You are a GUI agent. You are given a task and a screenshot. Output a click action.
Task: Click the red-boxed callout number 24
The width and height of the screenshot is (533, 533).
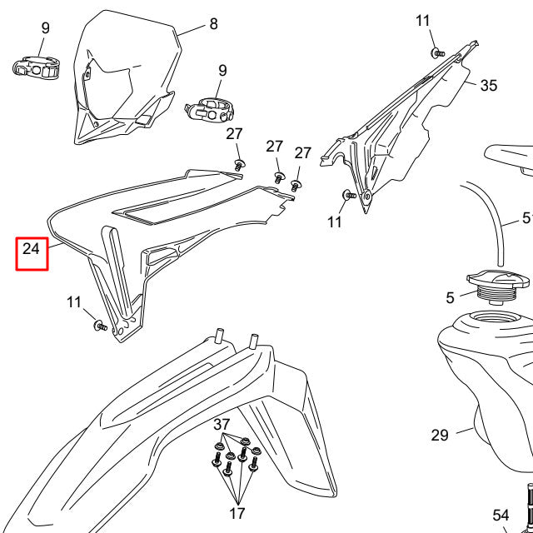point(32,248)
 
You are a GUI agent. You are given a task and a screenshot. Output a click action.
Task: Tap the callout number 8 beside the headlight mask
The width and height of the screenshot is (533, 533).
point(213,24)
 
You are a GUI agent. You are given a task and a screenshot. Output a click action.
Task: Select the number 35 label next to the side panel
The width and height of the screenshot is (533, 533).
point(489,85)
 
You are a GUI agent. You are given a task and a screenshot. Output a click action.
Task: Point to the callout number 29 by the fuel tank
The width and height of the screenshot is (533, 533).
point(440,435)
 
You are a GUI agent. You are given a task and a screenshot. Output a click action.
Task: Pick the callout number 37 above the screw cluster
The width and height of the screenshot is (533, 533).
point(222,425)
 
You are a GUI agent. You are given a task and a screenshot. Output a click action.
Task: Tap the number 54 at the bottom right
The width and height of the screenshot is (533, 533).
point(501,516)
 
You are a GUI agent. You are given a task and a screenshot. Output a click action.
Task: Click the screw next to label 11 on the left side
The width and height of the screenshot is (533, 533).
point(98,325)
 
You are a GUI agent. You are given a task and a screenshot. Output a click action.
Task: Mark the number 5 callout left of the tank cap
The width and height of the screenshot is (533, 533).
point(451,296)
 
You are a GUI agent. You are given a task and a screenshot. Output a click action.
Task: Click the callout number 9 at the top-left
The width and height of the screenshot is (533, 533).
point(46,28)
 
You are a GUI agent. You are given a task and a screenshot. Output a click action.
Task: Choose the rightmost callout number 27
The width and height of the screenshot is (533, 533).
point(302,153)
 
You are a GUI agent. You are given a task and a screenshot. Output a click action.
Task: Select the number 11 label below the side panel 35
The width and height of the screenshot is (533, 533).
point(334,222)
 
